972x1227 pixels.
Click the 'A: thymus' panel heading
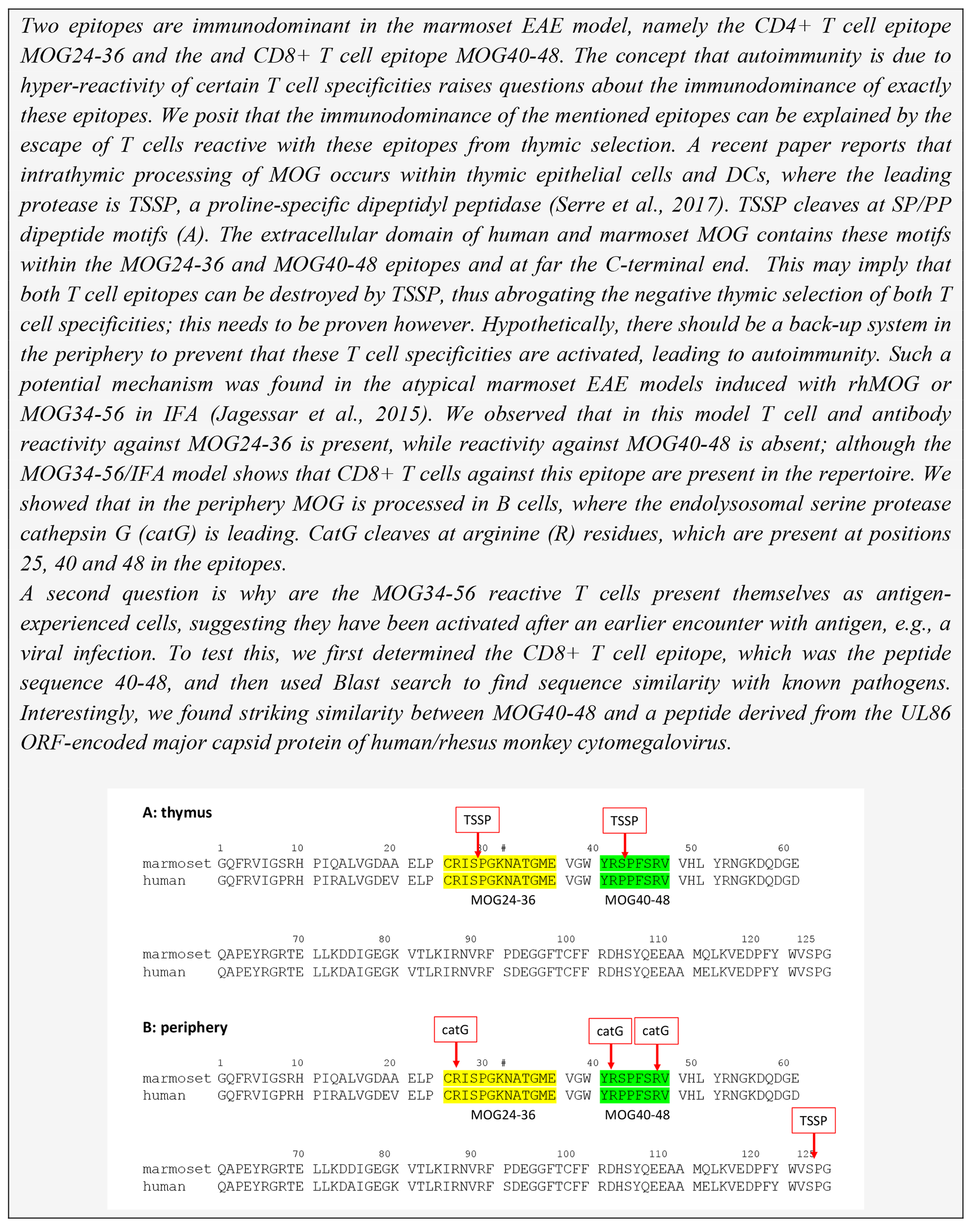pos(177,812)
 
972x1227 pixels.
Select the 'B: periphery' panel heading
pos(185,1027)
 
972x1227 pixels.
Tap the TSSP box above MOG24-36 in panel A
pos(477,820)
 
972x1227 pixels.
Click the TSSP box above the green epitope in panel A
pos(624,821)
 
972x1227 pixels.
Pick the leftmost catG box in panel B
pos(455,1030)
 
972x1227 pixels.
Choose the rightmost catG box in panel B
pos(656,1031)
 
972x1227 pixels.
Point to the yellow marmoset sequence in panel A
pos(499,863)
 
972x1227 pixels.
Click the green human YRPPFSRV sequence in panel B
pos(635,1095)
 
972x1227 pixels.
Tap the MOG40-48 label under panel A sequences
pos(637,900)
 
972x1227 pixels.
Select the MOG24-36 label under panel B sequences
pos(503,1114)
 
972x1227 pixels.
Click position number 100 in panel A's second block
pos(566,939)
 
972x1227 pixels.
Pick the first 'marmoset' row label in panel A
pos(177,863)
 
